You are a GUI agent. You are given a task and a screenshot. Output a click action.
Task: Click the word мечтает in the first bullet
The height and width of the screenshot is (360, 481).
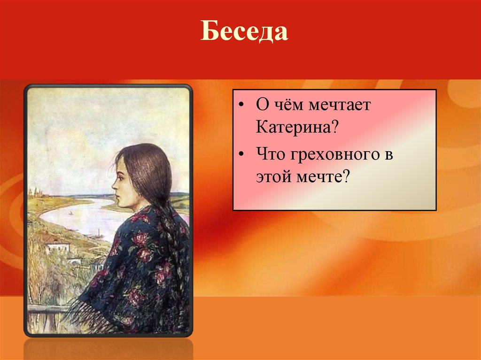tap(339, 106)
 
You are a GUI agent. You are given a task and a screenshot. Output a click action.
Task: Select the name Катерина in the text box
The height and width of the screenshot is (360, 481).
tap(293, 128)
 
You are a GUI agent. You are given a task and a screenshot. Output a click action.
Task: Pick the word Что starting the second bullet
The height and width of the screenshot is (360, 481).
tap(270, 154)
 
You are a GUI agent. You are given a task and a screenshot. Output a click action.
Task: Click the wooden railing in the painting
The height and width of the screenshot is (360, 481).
tap(45, 309)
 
